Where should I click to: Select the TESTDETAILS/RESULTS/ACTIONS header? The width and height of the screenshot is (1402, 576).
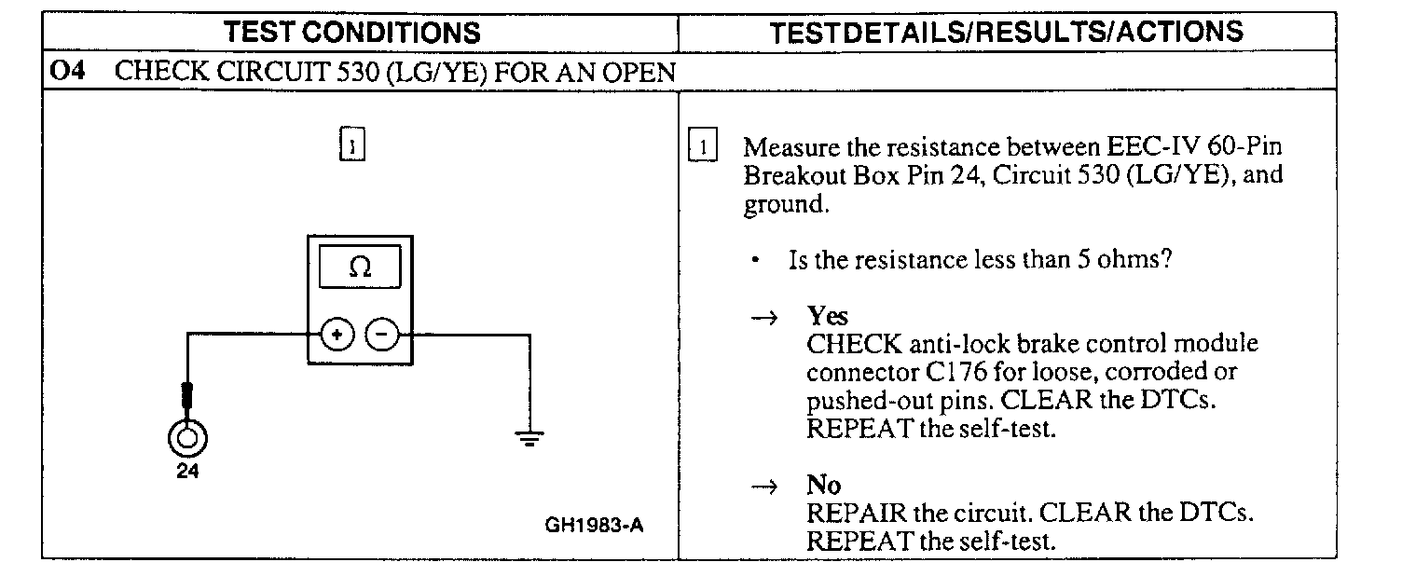(x=1007, y=33)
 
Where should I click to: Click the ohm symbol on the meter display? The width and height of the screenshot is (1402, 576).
(x=360, y=267)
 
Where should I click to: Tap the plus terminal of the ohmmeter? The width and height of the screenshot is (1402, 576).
(x=337, y=333)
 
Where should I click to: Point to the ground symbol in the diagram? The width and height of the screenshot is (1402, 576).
(x=530, y=438)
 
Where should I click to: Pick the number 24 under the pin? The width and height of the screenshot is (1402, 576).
(x=187, y=471)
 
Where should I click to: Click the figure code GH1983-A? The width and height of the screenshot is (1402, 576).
(x=594, y=525)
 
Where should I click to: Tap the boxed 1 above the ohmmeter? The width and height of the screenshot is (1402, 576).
(x=351, y=146)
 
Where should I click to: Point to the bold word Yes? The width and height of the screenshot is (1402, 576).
(x=828, y=316)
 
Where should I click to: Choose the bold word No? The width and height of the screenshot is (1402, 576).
(x=823, y=486)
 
